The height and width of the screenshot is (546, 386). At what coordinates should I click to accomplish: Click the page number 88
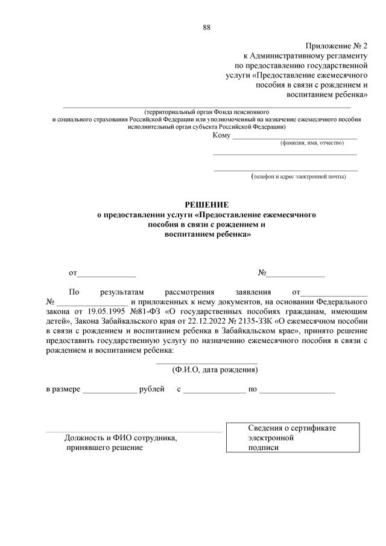point(207,27)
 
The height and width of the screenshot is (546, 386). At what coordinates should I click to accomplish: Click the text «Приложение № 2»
point(337,46)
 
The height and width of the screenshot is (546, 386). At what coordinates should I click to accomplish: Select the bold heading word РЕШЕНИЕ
point(207,205)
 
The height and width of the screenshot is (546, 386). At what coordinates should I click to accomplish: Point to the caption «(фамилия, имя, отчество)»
point(311,143)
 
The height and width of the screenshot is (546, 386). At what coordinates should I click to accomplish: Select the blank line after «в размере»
point(109,391)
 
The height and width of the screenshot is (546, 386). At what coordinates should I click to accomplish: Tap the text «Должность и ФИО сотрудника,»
point(121,438)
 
